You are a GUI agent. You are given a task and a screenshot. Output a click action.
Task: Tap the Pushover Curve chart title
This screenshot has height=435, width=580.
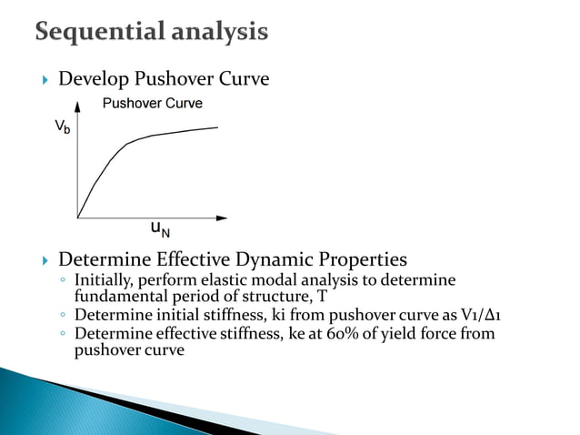(152, 103)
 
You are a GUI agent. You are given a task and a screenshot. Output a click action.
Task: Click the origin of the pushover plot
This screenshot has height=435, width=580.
(78, 217)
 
